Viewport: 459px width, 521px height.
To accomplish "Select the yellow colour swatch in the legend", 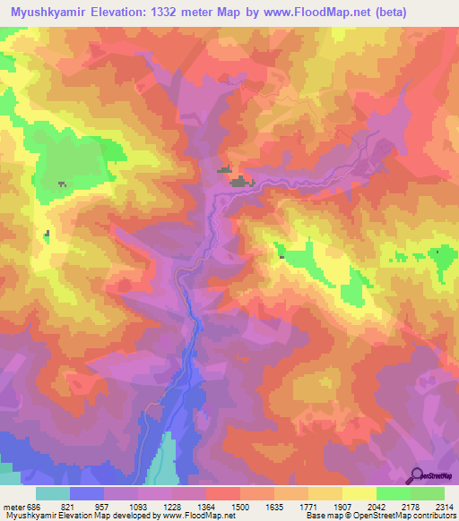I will tap(359, 492).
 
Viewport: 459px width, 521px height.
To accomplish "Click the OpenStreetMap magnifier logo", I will tap(417, 475).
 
